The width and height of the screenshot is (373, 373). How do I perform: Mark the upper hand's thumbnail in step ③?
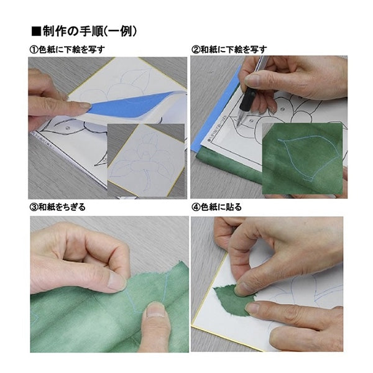(116, 280)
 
